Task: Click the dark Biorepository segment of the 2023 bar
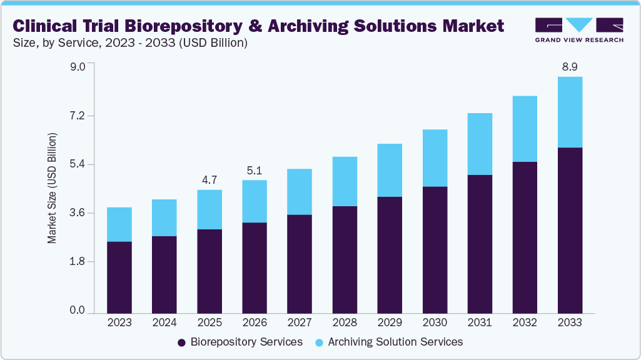[x=119, y=277]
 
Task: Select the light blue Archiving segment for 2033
[x=570, y=112]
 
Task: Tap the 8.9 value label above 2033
[x=570, y=66]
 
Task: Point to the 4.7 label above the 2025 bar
[x=209, y=179]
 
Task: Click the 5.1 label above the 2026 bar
[x=255, y=169]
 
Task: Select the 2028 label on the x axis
[x=345, y=322]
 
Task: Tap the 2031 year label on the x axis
[x=480, y=322]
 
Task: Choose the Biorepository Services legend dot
[x=182, y=342]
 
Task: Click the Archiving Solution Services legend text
[x=395, y=342]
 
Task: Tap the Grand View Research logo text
[x=579, y=39]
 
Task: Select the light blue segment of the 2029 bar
[x=390, y=170]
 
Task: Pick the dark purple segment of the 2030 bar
[x=435, y=249]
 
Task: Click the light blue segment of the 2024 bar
[x=164, y=217]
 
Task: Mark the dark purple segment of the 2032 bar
[x=525, y=237]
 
